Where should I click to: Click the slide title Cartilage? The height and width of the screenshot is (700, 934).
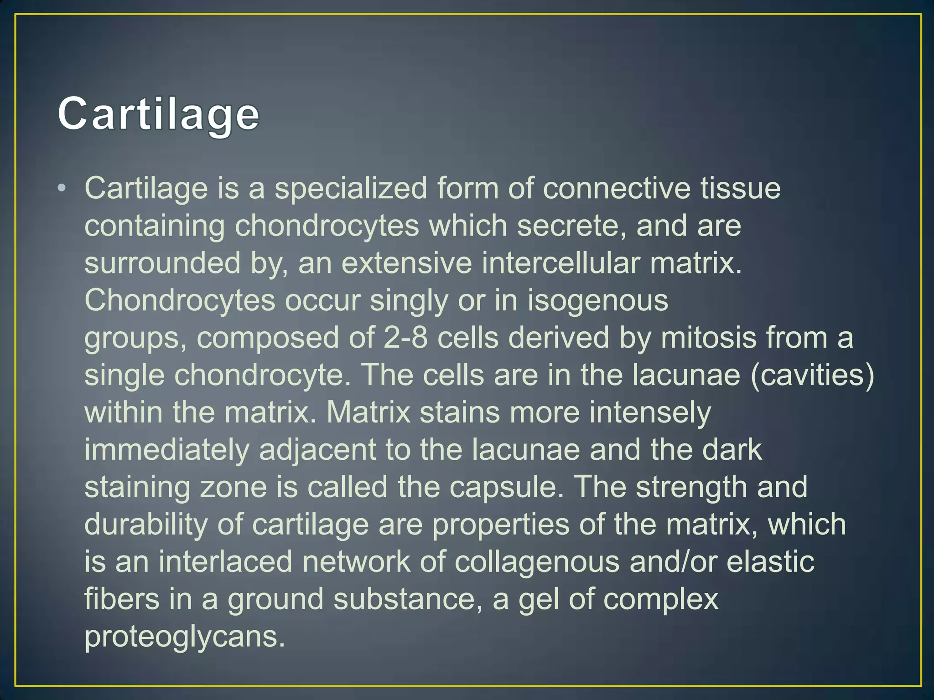tap(158, 114)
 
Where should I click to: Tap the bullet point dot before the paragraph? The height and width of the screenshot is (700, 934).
tap(62, 188)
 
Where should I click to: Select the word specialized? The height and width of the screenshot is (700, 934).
tap(351, 188)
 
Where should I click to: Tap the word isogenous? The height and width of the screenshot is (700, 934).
tap(597, 301)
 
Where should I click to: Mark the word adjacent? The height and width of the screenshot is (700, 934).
tap(318, 450)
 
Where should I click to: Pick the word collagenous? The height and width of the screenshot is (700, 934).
tap(537, 562)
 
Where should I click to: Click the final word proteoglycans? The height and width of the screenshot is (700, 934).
tap(185, 637)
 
